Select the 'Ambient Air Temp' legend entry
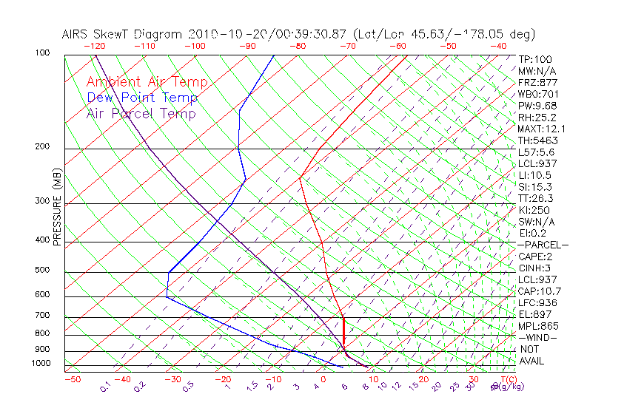pyautogui.click(x=147, y=82)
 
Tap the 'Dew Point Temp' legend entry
pyautogui.click(x=142, y=98)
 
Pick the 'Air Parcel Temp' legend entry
pyautogui.click(x=141, y=113)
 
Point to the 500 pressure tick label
pyautogui.click(x=43, y=271)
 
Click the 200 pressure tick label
pyautogui.click(x=43, y=147)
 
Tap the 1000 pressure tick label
pyautogui.click(x=41, y=364)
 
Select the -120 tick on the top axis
pyautogui.click(x=94, y=46)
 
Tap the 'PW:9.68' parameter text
pyautogui.click(x=537, y=106)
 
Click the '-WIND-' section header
pyautogui.click(x=537, y=337)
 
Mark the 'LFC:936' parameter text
pyautogui.click(x=537, y=302)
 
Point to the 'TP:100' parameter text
pyautogui.click(x=535, y=59)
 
